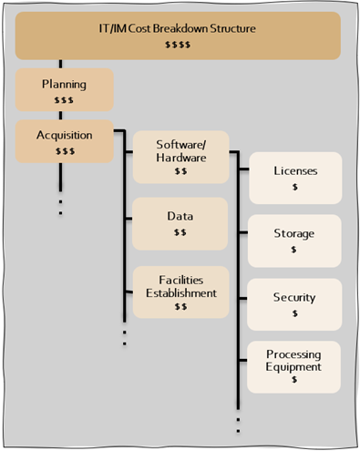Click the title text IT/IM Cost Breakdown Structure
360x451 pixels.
[x=177, y=28]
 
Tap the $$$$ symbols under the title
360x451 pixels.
[x=178, y=45]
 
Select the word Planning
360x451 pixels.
[x=64, y=85]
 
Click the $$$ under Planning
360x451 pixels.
[x=64, y=100]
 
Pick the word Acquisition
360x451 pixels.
[x=65, y=136]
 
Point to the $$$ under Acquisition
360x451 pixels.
[x=65, y=151]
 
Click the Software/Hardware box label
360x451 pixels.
[x=181, y=151]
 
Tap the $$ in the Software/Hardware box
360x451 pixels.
[x=180, y=171]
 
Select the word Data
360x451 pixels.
[x=180, y=216]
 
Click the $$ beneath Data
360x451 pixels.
[x=180, y=232]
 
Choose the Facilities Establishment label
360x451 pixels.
[x=181, y=287]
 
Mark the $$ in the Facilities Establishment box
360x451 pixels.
[x=180, y=306]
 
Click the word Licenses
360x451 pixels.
[x=295, y=170]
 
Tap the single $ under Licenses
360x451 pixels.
[x=295, y=187]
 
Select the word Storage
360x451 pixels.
[x=294, y=234]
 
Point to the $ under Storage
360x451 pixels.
[x=293, y=250]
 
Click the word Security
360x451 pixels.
[x=294, y=298]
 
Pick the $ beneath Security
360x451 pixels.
[x=294, y=313]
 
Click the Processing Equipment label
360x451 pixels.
[x=293, y=361]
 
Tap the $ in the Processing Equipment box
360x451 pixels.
[x=294, y=379]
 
